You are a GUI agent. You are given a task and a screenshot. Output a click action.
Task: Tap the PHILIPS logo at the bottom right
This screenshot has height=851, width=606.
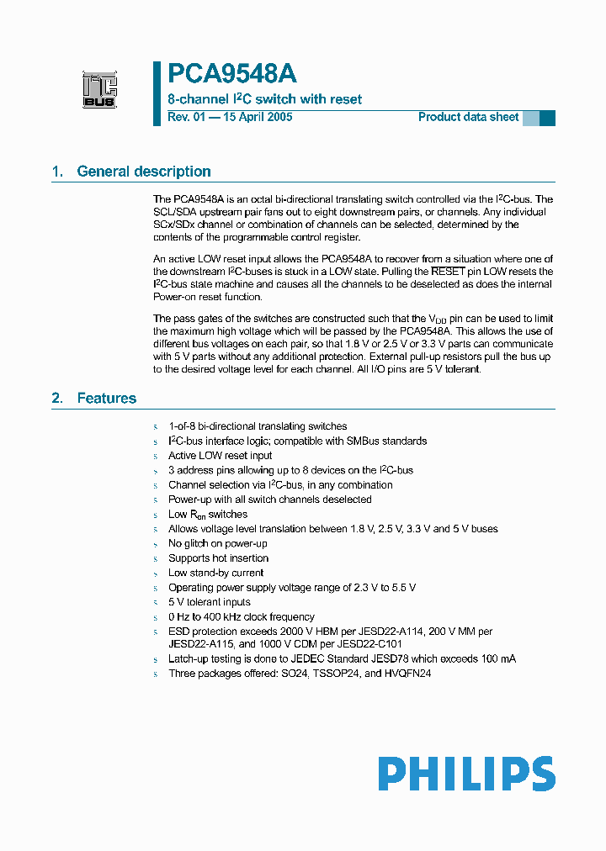click(465, 774)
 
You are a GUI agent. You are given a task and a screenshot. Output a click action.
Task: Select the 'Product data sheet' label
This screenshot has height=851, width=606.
click(468, 117)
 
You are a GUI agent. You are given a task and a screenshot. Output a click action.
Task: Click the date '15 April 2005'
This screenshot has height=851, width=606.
click(257, 117)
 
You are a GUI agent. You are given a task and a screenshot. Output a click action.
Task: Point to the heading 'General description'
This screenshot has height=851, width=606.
click(144, 172)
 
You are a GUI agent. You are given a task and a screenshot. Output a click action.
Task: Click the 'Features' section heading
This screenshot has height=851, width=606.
click(106, 398)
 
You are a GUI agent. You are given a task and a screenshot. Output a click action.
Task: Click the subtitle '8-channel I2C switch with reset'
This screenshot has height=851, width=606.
click(264, 99)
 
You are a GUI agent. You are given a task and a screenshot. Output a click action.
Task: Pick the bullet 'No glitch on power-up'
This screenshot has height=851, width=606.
click(217, 543)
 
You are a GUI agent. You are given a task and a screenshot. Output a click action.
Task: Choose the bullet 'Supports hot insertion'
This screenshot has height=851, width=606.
click(218, 558)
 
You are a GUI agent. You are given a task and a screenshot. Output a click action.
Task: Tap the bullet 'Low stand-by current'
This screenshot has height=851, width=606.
click(215, 573)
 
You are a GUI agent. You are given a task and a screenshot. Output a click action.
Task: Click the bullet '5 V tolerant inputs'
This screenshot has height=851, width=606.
click(209, 602)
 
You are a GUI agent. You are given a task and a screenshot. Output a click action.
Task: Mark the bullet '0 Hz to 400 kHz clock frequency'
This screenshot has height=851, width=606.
click(241, 616)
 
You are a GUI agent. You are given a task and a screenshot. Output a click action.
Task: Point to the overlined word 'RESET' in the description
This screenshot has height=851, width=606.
click(448, 272)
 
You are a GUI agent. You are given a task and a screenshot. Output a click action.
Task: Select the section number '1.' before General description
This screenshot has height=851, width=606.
click(57, 172)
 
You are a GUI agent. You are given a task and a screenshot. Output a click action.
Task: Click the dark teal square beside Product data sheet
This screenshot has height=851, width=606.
click(547, 118)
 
